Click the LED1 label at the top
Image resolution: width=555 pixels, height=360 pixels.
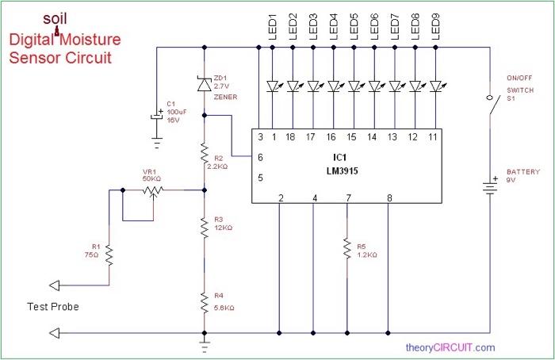(272, 25)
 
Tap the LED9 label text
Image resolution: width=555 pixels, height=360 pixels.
(434, 25)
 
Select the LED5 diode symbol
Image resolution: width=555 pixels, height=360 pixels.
(354, 85)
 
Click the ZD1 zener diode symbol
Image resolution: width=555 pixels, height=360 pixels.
(205, 82)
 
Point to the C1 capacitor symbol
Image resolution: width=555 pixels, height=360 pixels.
(156, 116)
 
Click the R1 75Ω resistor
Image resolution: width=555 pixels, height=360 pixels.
(109, 256)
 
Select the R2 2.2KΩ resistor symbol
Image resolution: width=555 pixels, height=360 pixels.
(205, 151)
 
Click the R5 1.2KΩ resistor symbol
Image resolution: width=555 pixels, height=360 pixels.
(347, 250)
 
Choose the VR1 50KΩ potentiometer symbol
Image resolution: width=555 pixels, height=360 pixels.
(151, 190)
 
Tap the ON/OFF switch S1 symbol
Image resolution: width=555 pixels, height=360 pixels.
(490, 111)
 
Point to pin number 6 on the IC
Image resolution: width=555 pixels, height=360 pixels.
(261, 158)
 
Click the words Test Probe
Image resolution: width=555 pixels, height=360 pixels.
(52, 306)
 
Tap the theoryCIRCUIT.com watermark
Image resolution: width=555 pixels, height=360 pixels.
(450, 347)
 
